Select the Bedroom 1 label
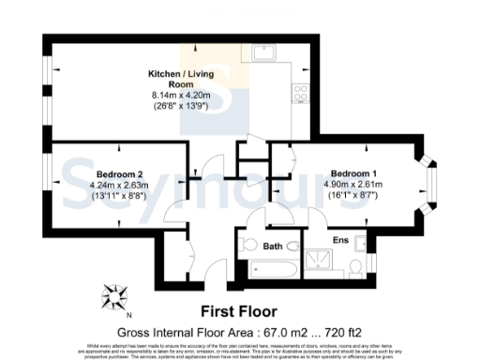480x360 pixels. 353,173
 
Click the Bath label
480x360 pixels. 273,247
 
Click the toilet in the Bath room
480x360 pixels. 248,245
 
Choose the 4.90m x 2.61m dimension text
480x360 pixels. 353,186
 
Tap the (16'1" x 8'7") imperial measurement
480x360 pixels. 353,198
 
